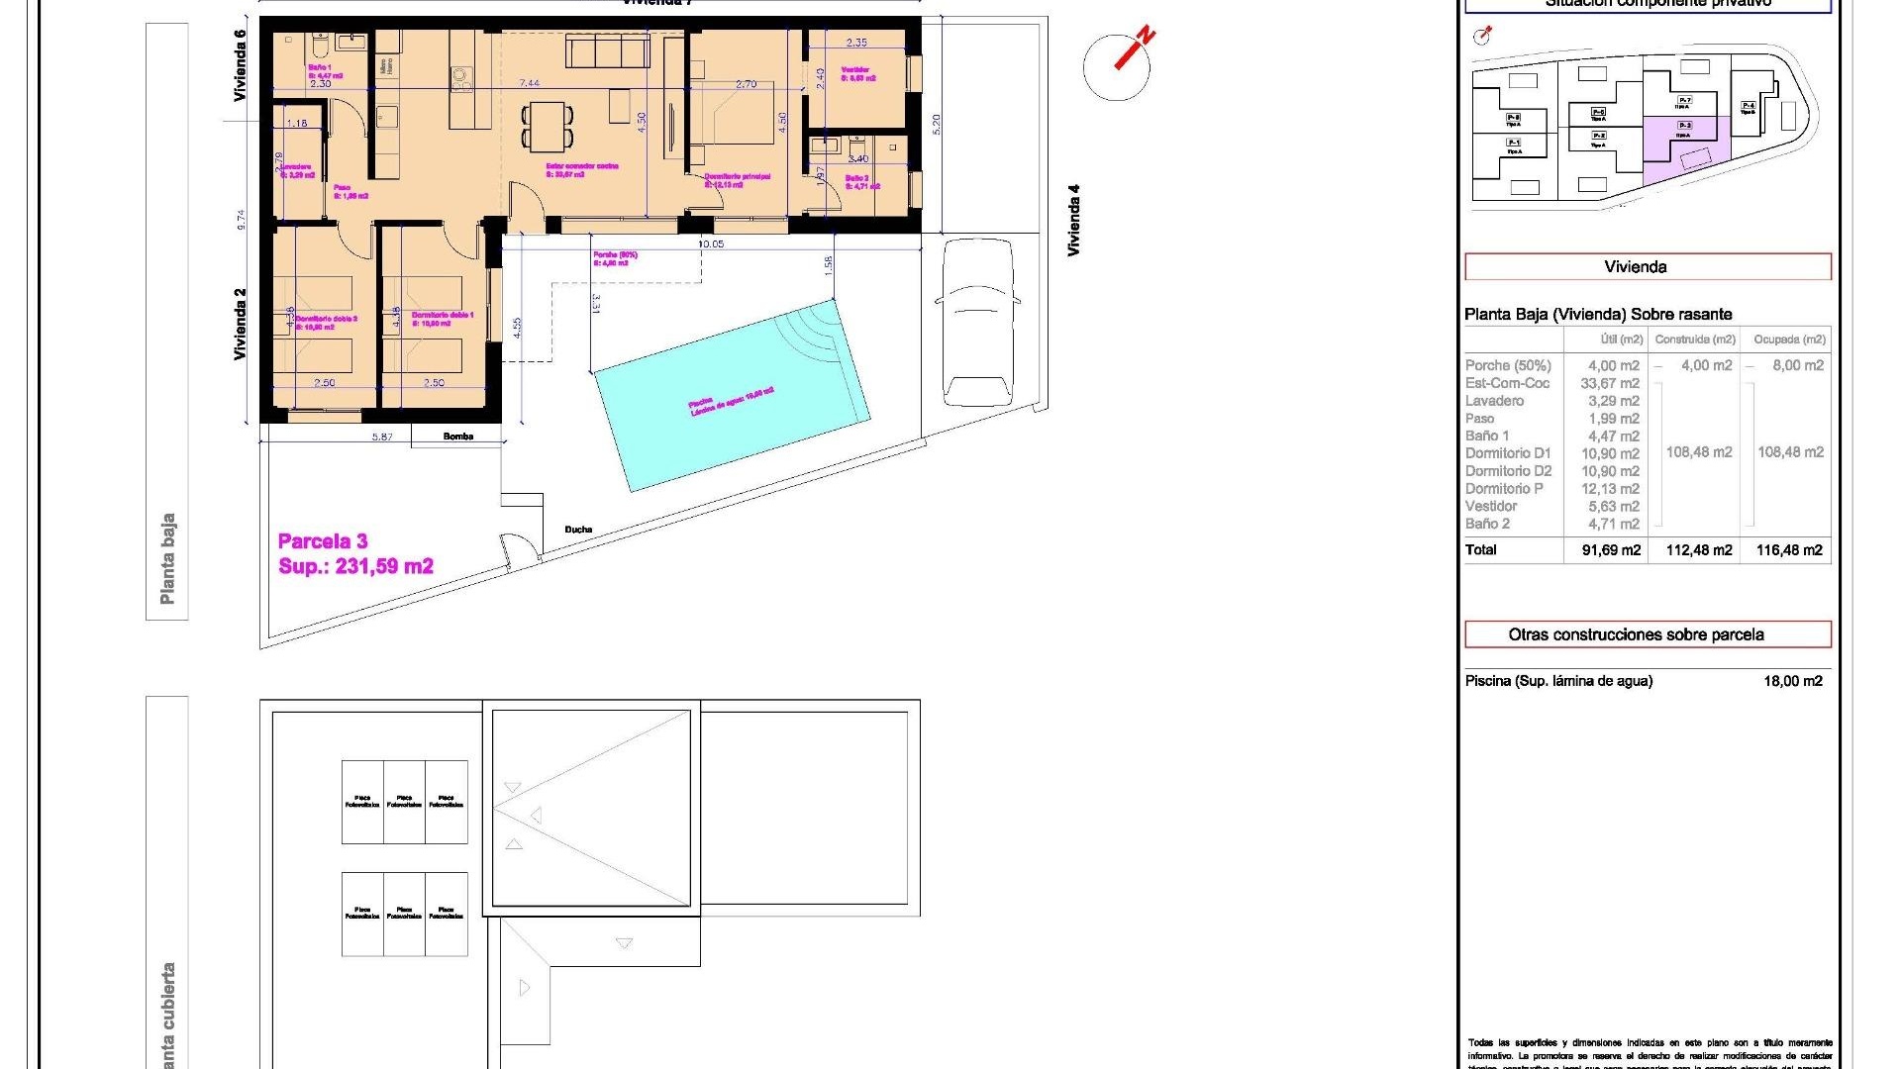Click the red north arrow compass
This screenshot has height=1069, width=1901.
(x=1118, y=65)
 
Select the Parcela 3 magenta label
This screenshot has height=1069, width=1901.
(x=323, y=541)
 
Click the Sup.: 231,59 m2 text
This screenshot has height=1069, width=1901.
(x=356, y=566)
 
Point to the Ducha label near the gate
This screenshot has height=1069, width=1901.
(x=578, y=530)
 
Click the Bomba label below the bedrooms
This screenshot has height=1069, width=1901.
(x=458, y=437)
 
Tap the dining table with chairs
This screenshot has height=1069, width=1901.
(x=548, y=126)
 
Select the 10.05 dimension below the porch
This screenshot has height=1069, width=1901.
(x=711, y=243)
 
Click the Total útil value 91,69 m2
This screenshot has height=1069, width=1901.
(x=1611, y=550)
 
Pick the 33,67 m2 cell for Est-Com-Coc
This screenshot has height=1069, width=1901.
(x=1610, y=383)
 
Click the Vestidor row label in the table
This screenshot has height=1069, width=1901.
(x=1491, y=506)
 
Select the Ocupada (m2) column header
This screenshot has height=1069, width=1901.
(x=1789, y=340)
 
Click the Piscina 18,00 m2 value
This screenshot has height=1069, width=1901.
(x=1792, y=681)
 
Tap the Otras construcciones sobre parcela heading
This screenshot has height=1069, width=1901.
(x=1636, y=634)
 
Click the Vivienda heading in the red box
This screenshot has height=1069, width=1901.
(x=1636, y=267)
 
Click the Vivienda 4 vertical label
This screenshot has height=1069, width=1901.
(x=1074, y=220)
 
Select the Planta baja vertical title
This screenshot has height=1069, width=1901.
(x=167, y=558)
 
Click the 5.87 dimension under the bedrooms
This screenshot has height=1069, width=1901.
(x=382, y=437)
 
